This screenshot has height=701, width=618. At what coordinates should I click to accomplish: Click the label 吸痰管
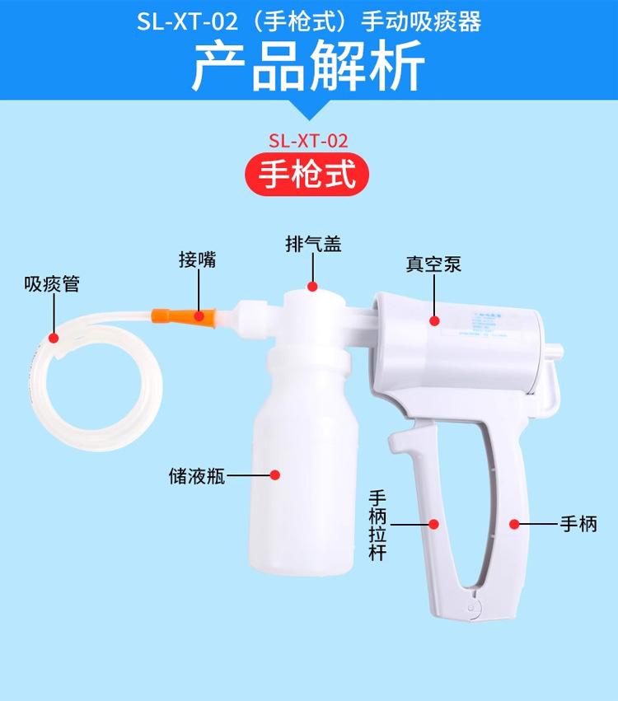click(52, 285)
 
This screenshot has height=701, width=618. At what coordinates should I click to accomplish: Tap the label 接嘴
click(198, 259)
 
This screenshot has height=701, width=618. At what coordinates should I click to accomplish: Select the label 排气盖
click(313, 244)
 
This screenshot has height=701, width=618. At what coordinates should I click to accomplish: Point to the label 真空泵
click(433, 264)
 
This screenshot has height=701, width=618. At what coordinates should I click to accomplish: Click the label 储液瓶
click(196, 475)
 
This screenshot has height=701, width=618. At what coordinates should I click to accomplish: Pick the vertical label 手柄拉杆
click(377, 524)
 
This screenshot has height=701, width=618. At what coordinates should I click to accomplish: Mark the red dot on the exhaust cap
click(313, 287)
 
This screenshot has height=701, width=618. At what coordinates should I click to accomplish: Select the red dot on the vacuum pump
click(433, 318)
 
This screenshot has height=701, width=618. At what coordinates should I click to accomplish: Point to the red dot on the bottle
click(275, 475)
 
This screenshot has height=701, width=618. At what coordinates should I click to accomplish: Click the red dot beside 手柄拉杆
click(434, 523)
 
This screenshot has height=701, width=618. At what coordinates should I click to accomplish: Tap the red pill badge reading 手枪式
click(308, 175)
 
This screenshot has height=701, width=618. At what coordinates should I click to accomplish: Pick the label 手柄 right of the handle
click(578, 523)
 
